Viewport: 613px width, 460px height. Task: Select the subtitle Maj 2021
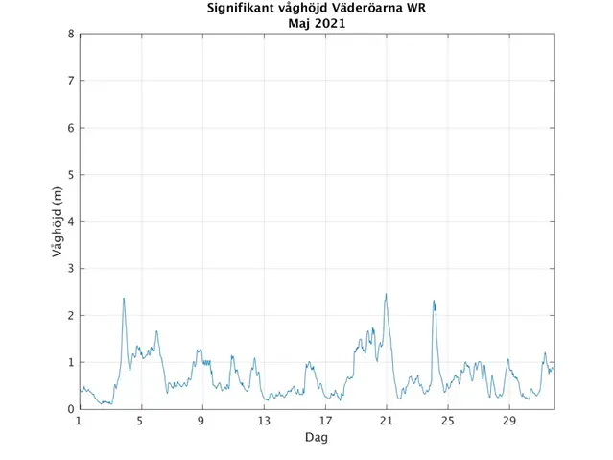(x=317, y=24)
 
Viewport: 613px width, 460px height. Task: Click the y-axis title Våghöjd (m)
(x=58, y=222)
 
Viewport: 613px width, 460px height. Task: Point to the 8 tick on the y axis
(x=70, y=35)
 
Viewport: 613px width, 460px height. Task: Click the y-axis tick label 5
(x=70, y=175)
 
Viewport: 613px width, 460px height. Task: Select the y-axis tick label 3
(x=70, y=269)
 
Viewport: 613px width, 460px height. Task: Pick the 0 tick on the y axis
(x=70, y=409)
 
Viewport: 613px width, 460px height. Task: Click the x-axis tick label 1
(x=80, y=421)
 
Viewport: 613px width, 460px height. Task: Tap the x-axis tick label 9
(x=202, y=421)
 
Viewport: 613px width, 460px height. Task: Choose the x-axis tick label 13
(x=264, y=421)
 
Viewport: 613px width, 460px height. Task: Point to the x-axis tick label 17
(x=325, y=421)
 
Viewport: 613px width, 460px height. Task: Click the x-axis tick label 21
(x=387, y=421)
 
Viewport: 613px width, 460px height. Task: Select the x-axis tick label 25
(x=448, y=421)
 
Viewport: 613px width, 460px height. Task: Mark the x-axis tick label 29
(x=509, y=421)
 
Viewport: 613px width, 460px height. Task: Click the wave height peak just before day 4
(x=124, y=299)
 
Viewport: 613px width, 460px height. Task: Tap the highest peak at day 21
(x=386, y=295)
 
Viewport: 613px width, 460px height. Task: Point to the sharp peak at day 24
(x=434, y=302)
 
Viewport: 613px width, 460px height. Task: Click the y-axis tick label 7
(x=70, y=82)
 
